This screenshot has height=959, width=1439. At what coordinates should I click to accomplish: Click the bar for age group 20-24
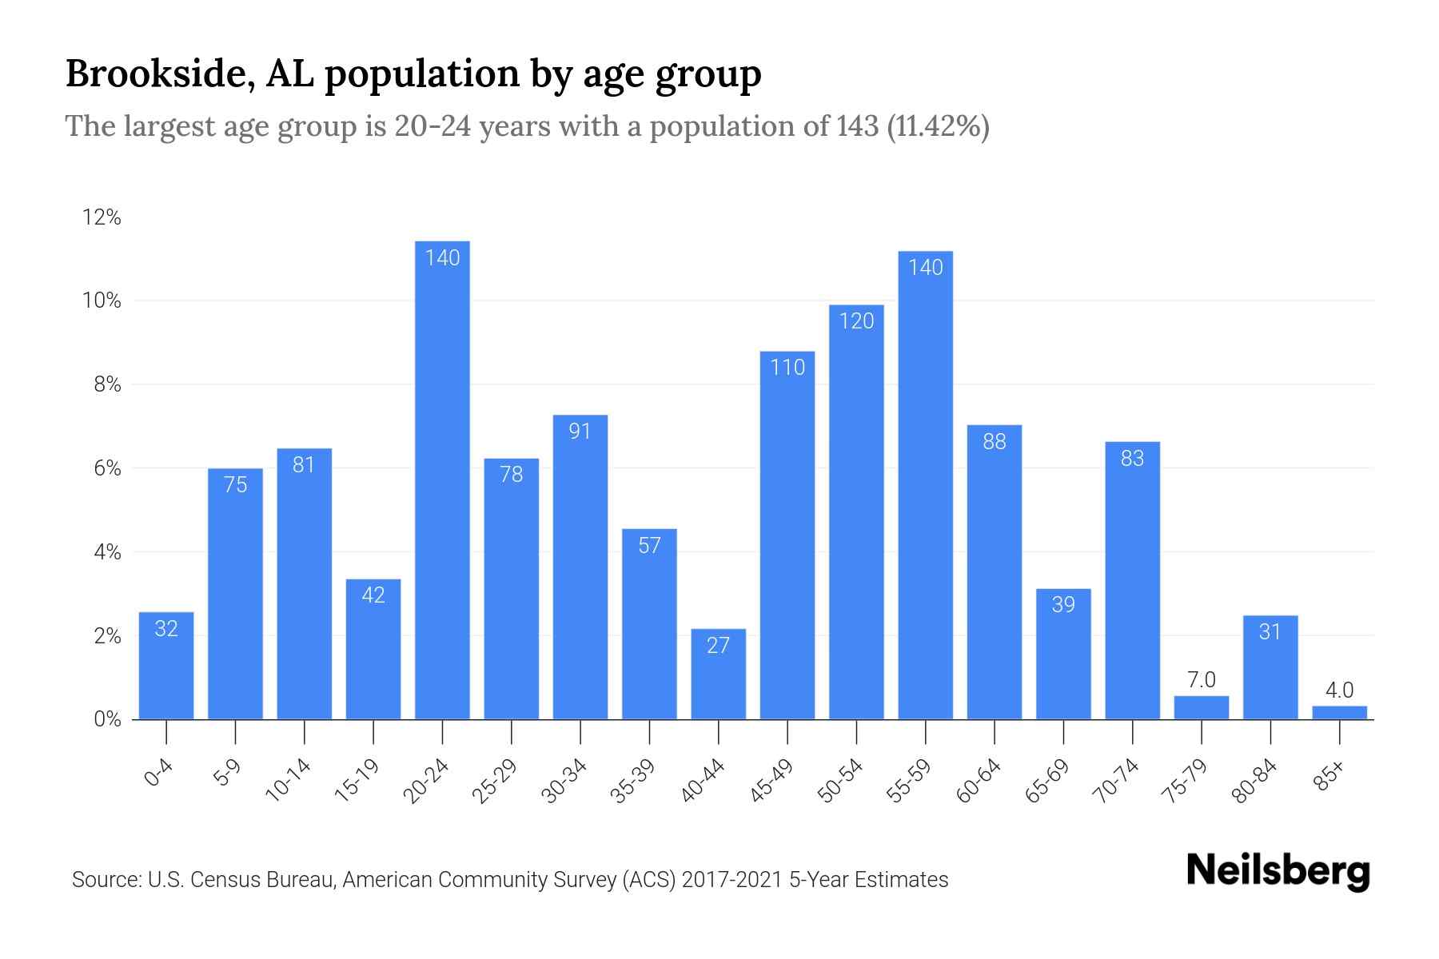442,479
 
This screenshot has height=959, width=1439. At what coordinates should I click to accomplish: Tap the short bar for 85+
1339,712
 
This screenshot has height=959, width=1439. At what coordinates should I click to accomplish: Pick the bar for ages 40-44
718,675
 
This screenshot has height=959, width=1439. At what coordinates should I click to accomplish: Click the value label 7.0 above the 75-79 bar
1201,680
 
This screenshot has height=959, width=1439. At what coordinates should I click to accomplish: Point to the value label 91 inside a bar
580,432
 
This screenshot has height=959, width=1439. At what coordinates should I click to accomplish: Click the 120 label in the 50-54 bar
856,321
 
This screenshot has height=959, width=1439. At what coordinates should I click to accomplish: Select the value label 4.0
1339,690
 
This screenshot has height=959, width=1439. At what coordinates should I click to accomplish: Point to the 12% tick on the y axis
102,217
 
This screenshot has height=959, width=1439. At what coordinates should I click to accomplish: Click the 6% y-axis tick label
107,468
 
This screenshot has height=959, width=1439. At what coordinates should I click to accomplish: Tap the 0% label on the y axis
107,719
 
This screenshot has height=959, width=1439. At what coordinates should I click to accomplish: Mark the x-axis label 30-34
564,781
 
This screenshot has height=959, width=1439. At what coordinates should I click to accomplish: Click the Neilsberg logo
1278,871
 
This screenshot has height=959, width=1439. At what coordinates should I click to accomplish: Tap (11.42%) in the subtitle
939,126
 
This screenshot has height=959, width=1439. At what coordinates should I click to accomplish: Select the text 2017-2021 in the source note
731,880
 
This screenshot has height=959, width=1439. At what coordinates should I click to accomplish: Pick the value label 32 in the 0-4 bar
166,629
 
